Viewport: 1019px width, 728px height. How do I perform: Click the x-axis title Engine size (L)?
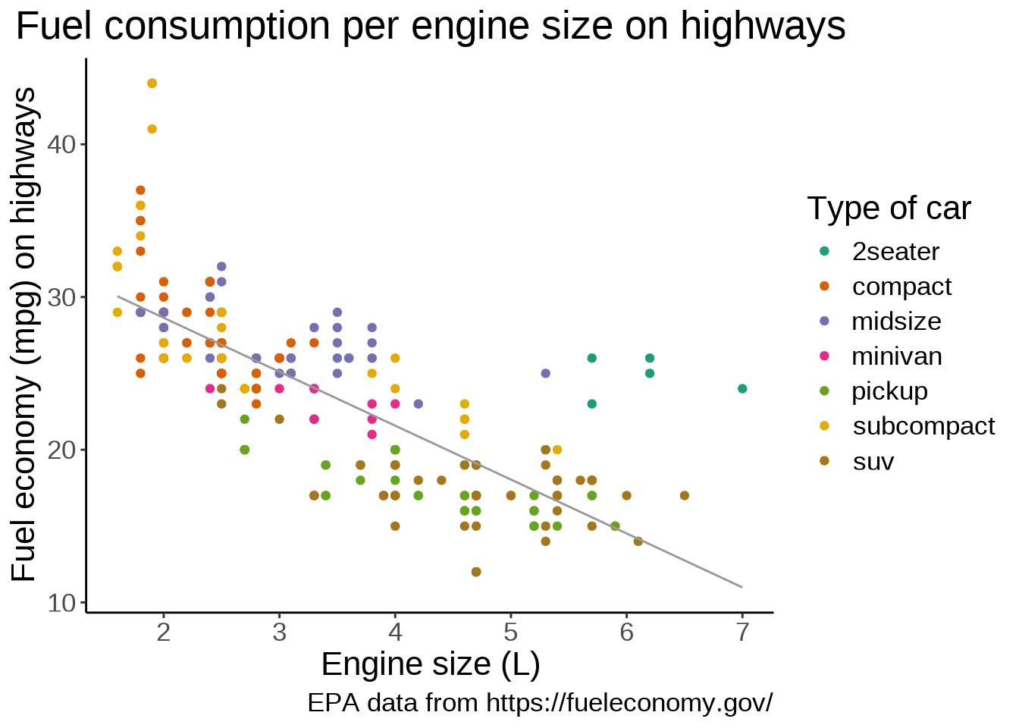[431, 664]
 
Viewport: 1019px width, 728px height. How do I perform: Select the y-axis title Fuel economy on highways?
[24, 334]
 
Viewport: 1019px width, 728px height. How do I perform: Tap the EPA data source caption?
[540, 702]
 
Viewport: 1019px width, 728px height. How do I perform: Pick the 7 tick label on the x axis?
[742, 632]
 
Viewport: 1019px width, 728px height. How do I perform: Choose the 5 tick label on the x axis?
[511, 632]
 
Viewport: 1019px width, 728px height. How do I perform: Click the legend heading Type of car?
[889, 209]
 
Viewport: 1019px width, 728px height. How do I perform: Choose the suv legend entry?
[873, 461]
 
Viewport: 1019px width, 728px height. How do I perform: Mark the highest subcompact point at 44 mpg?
[152, 83]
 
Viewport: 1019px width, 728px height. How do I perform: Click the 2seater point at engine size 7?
[742, 389]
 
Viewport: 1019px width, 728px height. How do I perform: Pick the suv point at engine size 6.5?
[685, 496]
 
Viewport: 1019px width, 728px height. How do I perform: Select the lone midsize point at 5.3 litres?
[545, 373]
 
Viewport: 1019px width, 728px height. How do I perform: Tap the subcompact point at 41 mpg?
[152, 129]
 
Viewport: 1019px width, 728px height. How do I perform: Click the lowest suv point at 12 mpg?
[476, 572]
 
